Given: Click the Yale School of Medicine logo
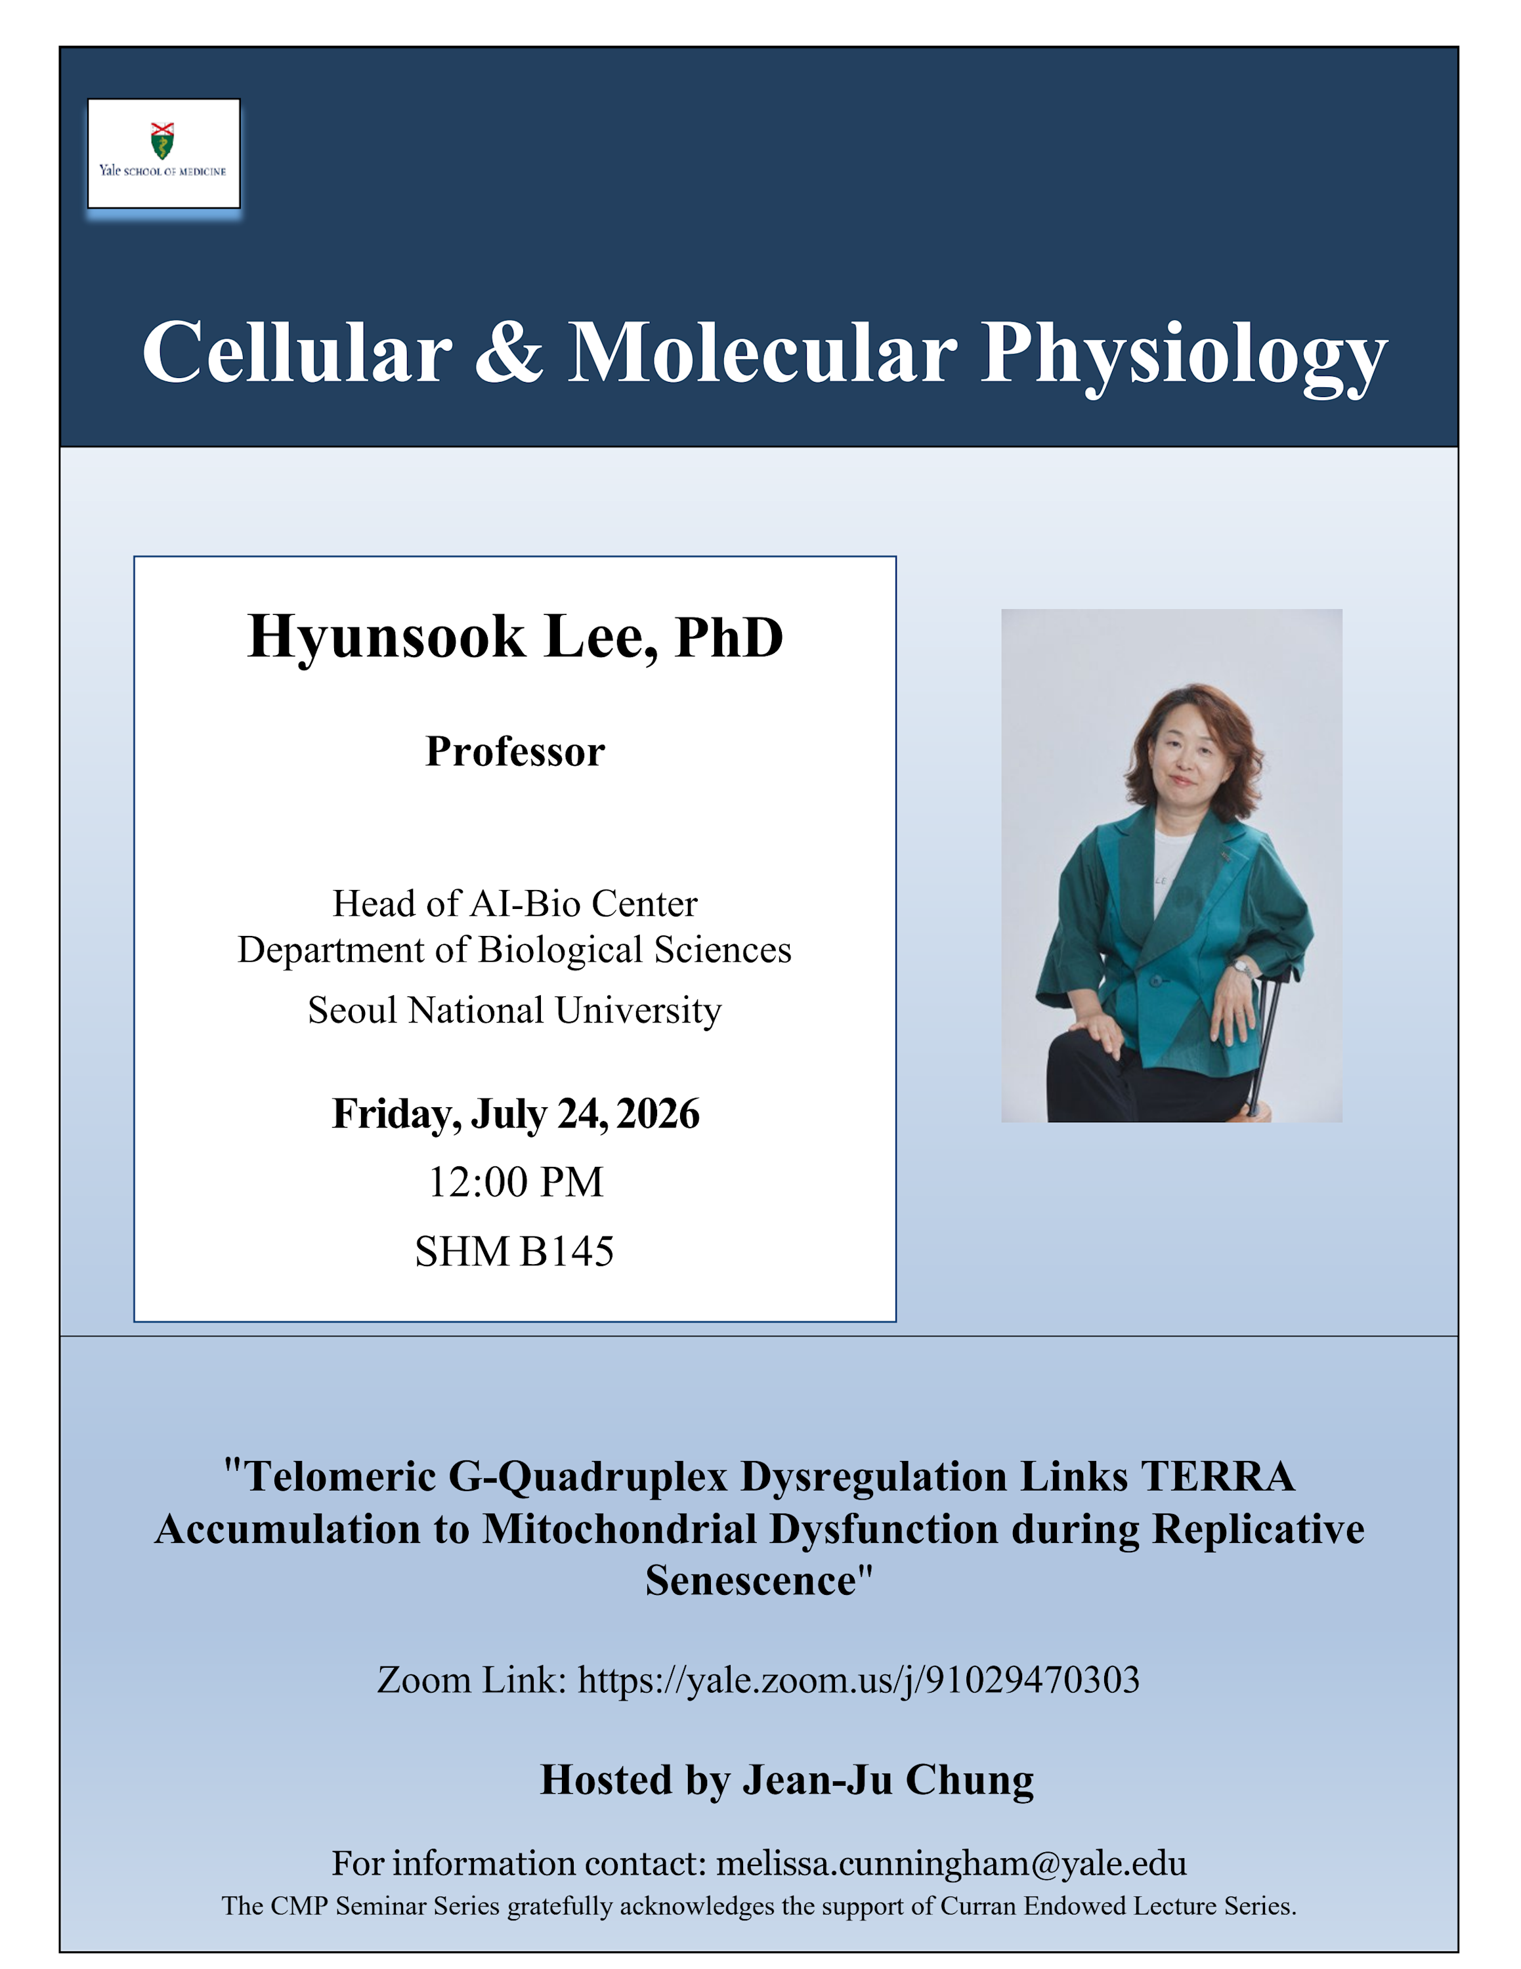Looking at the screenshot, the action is coord(163,154).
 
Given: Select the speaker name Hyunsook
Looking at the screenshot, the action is coord(386,637).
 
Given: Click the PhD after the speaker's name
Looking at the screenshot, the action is coord(729,637).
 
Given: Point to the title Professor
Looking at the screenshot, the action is coord(515,751).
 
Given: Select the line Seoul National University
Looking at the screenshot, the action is coord(515,1009).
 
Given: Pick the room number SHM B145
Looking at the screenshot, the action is coord(515,1252).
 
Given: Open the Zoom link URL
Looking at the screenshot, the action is coord(859,1680).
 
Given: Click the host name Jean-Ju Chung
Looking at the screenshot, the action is coord(888,1781).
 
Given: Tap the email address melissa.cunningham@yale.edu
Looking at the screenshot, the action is coord(951,1863).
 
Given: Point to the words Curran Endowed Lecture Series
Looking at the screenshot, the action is coord(1117,1906).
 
